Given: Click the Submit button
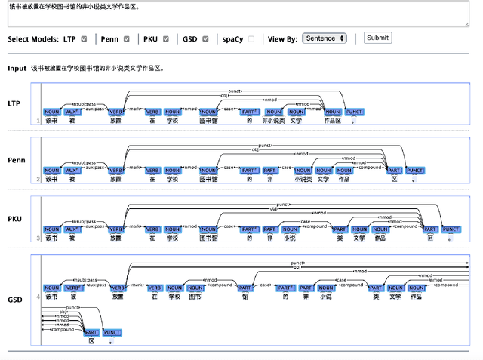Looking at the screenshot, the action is point(377,38).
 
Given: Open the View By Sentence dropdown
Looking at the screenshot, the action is point(324,38).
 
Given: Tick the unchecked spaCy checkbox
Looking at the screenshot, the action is point(251,38).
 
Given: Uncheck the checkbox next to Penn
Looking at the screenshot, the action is point(126,38).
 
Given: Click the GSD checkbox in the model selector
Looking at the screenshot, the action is point(205,38).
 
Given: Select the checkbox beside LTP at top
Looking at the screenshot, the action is point(84,38).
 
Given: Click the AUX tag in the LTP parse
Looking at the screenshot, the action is point(72,112).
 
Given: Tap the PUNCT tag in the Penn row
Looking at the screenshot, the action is point(415,171).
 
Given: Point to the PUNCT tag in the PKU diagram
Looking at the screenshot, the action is point(451,229).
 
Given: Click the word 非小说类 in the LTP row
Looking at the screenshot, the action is point(273,120).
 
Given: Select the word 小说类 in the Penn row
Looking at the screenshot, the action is point(303,179).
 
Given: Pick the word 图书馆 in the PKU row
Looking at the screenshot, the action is point(209,238).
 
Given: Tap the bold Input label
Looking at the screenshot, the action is point(17,68).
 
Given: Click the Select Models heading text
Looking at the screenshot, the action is point(33,38).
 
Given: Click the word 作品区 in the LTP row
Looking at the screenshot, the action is point(332,120).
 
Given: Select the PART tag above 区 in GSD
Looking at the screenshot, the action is point(91,332).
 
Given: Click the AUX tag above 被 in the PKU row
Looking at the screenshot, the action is point(72,229).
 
